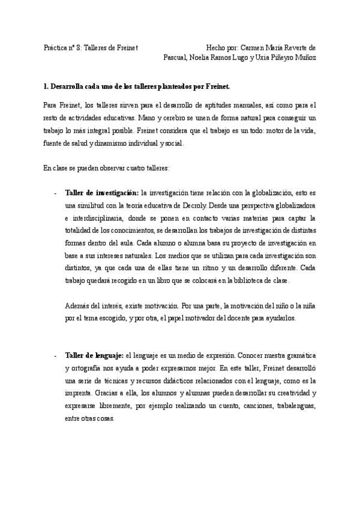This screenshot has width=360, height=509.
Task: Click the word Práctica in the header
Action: [56, 47]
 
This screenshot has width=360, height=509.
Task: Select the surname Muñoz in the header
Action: [304, 58]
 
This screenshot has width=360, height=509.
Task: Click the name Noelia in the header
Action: [200, 58]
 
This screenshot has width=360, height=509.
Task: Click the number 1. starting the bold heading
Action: [47, 86]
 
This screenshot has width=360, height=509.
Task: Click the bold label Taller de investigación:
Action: [101, 193]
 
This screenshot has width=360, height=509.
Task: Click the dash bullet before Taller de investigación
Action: [55, 193]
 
